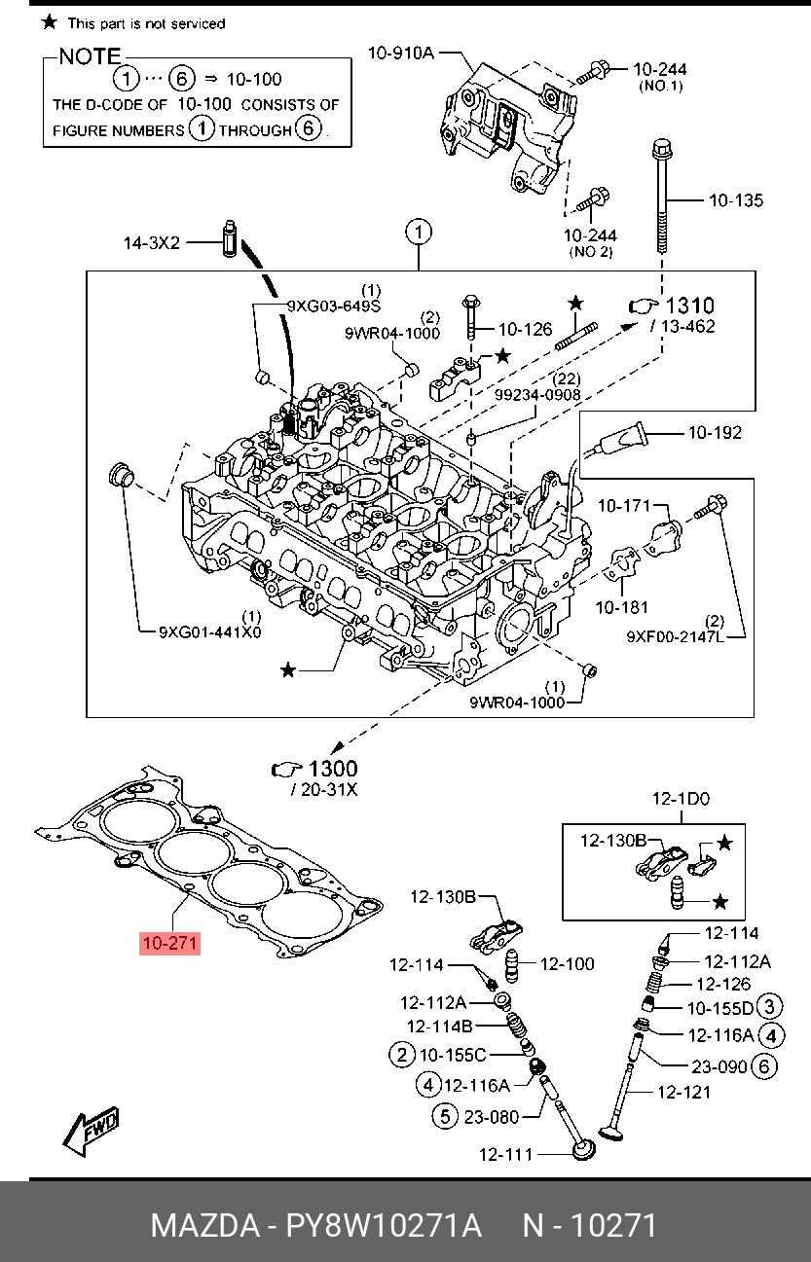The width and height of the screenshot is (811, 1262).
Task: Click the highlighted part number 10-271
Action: (x=170, y=943)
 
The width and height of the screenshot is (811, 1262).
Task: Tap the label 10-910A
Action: (x=400, y=54)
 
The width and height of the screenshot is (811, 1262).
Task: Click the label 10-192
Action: (x=715, y=432)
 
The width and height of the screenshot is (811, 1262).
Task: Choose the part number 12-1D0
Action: (x=681, y=799)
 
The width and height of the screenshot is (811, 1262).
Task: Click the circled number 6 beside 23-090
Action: (x=764, y=1066)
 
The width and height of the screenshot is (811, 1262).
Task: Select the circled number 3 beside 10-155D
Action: (x=770, y=1007)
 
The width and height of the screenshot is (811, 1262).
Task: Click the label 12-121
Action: (x=683, y=1092)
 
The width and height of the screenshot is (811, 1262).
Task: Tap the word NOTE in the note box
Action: (x=91, y=56)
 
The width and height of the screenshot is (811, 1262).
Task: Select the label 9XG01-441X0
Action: (x=210, y=631)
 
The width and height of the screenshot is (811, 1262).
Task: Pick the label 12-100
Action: (x=567, y=964)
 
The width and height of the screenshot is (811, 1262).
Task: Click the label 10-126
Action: (x=525, y=330)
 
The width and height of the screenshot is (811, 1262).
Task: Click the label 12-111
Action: (x=505, y=1155)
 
